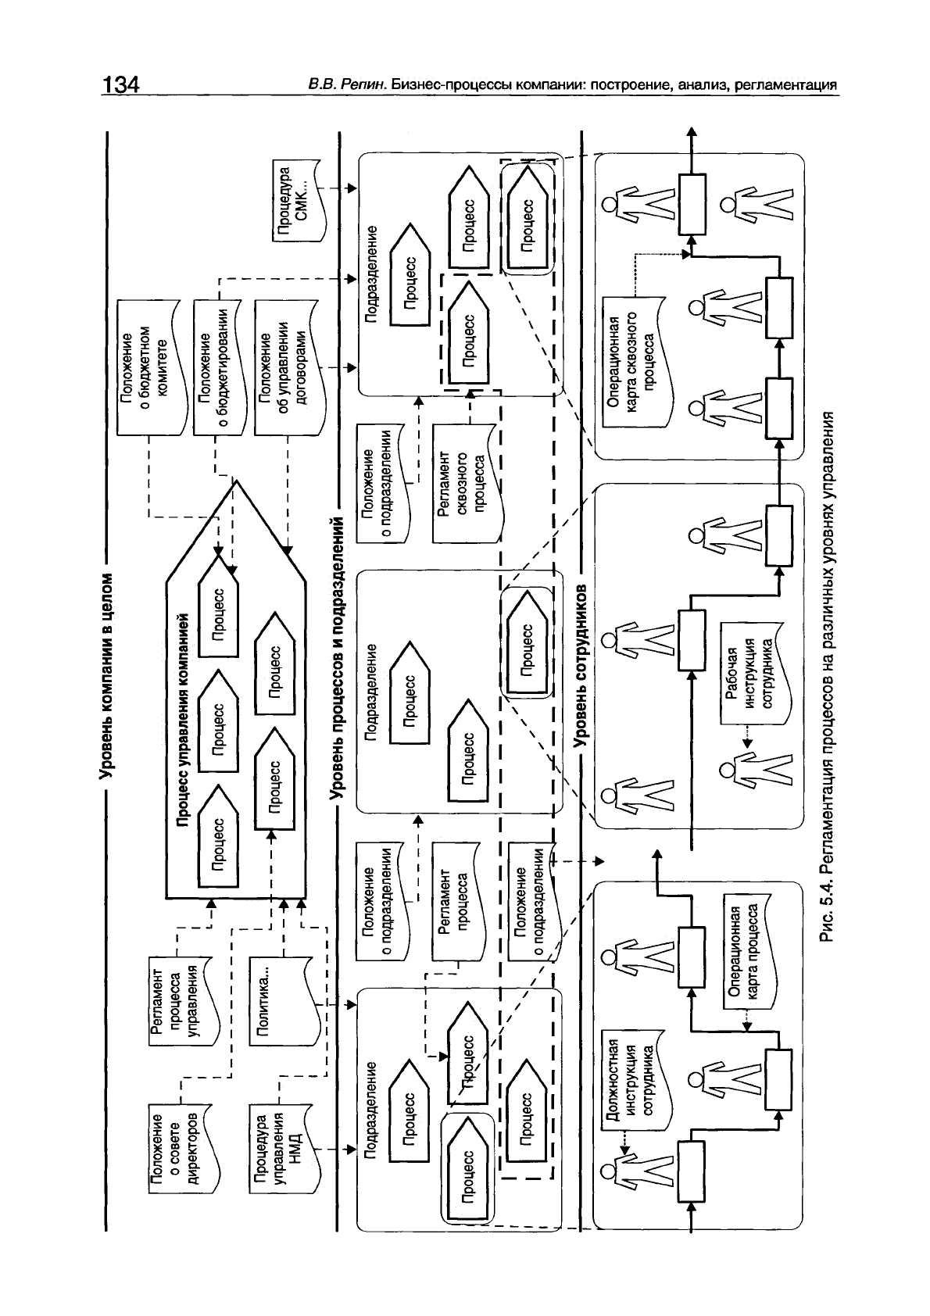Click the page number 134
coord(120,84)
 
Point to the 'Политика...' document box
coord(275,999)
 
